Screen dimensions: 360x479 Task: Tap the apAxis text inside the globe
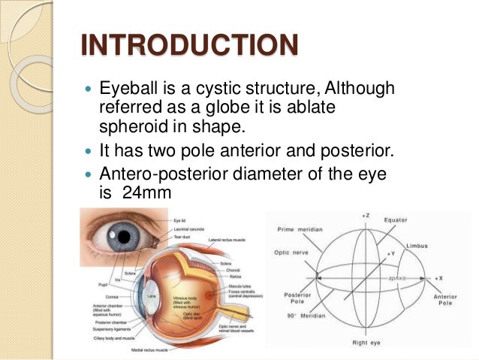(399, 277)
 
